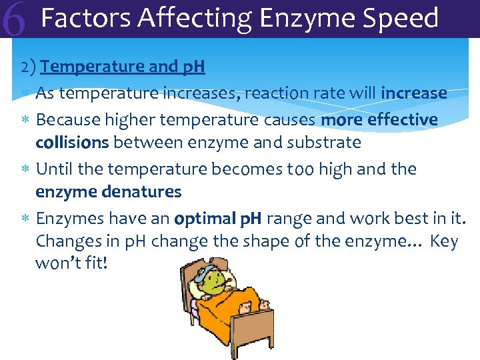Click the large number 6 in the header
click(x=15, y=20)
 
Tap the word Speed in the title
click(x=404, y=19)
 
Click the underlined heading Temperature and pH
click(x=123, y=67)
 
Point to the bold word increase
click(x=414, y=93)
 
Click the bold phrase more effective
click(x=379, y=120)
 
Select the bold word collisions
click(x=73, y=143)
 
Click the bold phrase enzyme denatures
click(x=108, y=192)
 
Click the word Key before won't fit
click(x=445, y=241)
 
